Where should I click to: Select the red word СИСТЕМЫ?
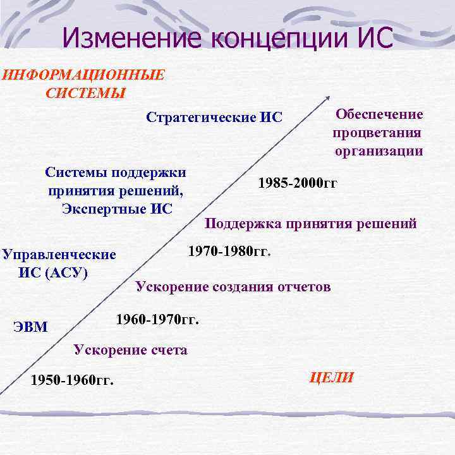tap(85, 93)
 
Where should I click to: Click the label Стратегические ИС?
tap(214, 118)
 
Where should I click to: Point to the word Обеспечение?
tap(379, 114)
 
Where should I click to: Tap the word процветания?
tap(377, 133)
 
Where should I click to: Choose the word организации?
tap(379, 151)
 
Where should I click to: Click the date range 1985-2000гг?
tap(298, 183)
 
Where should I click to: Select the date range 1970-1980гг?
tap(229, 252)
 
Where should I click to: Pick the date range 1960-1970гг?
tap(157, 319)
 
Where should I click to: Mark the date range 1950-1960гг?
tap(72, 380)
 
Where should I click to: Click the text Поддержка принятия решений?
tap(311, 223)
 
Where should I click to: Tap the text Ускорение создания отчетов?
tap(233, 287)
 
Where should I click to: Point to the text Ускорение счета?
tap(131, 349)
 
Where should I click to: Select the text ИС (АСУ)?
tap(54, 273)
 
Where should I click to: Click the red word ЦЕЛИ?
tap(331, 378)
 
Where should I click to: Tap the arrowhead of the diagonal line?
tap(328, 98)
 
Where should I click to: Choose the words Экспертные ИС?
tap(117, 209)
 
